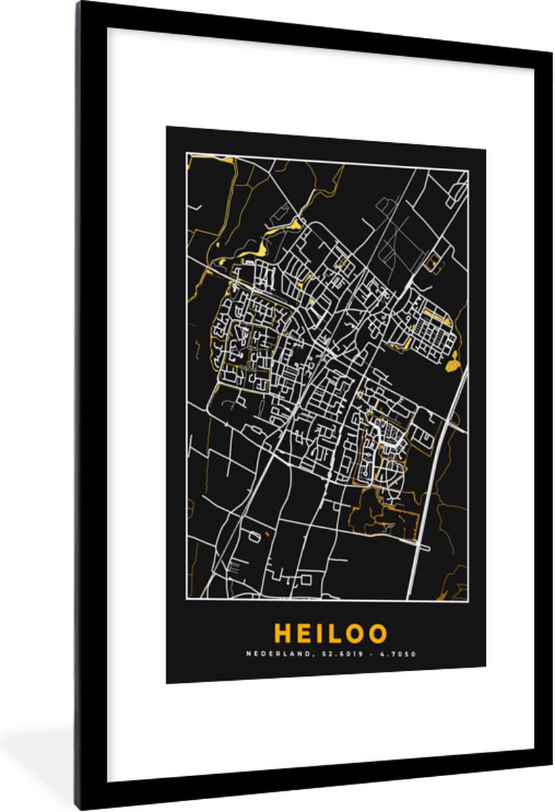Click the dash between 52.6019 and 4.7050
[369, 654]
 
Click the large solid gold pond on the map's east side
[452, 364]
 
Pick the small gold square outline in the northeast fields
[431, 259]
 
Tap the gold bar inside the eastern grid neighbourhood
[437, 315]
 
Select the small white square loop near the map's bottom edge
[306, 579]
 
